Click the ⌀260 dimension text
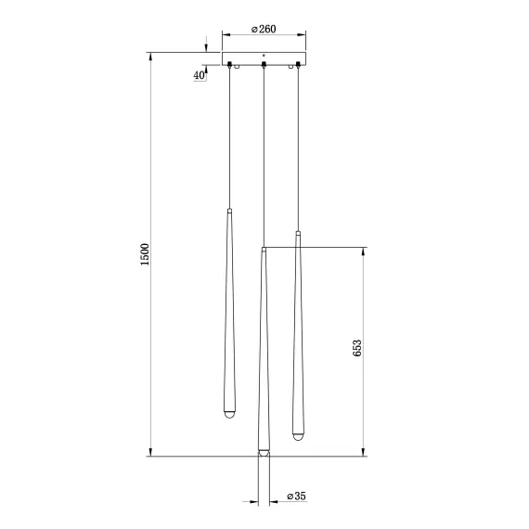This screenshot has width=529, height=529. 264,30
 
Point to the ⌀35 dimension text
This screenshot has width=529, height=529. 296,497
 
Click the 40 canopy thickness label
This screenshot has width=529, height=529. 200,75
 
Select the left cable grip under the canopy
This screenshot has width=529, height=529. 229,64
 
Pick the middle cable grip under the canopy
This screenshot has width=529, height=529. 264,64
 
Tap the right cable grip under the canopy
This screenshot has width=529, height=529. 298,64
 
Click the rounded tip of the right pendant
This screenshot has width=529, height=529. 298,433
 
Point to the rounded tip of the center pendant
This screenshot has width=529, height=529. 264,454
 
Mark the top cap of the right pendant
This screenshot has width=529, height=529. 298,232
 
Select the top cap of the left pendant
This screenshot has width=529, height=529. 229,212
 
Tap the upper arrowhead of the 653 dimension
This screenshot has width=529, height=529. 363,252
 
